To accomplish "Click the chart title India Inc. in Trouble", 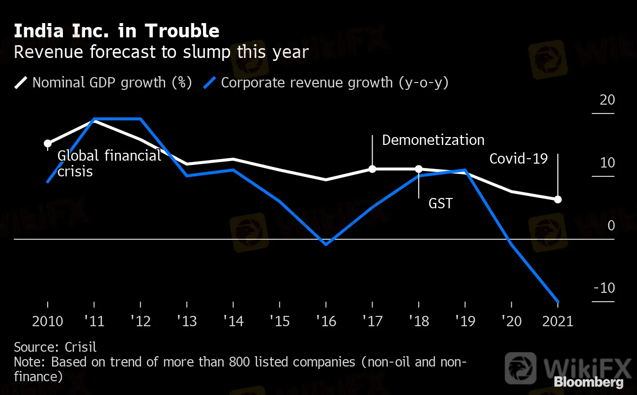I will coord(116,31).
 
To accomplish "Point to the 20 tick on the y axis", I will coord(608,100).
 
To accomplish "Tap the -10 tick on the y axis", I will coord(604,288).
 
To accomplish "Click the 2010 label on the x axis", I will coord(48,321).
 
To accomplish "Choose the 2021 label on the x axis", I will coord(557,321).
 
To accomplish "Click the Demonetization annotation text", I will coord(433,140).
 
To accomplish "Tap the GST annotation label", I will coord(440,203).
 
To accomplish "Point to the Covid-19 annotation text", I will coord(519,159).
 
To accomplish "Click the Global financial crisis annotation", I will coord(109,164).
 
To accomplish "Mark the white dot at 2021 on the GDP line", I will coord(558,199).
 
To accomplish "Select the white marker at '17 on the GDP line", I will coord(372,169).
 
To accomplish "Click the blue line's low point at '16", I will coord(326,244).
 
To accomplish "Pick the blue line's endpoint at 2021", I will coord(558,302).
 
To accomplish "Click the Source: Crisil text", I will coord(55,347).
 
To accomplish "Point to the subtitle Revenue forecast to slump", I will coord(161,52).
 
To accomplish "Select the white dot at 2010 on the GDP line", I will coord(48,144).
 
